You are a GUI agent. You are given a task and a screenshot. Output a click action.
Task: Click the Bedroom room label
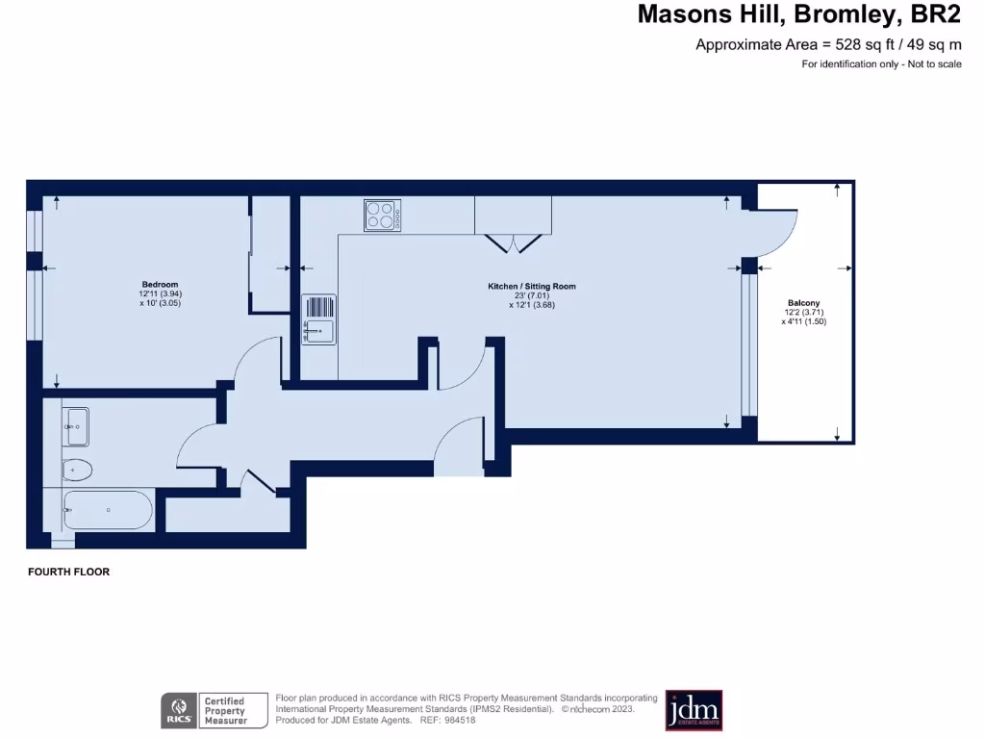point(160,284)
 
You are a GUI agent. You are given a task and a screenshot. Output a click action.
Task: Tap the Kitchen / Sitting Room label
point(532,287)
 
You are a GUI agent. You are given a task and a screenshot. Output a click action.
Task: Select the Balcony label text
point(803,303)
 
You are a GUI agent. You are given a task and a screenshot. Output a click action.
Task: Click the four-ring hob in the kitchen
point(383,215)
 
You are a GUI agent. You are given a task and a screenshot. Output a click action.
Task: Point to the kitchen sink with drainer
point(318,319)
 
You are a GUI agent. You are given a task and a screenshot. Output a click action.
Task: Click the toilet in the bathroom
point(76,471)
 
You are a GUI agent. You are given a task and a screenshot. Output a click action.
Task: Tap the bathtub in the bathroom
point(108,510)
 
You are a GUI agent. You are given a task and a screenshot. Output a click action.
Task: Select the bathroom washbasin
point(76,426)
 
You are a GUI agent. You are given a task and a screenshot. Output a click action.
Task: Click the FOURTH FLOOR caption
point(69,572)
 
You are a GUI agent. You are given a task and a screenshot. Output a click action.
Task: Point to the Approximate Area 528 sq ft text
point(828,44)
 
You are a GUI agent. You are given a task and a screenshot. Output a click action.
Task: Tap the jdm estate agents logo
point(694,710)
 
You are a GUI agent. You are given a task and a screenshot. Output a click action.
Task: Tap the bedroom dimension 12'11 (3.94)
point(161,293)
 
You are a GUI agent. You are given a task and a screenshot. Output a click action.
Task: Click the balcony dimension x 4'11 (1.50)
point(804,321)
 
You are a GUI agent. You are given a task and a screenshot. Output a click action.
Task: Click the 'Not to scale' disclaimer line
point(881,64)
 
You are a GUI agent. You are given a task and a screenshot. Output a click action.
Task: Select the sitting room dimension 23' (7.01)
point(532,295)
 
